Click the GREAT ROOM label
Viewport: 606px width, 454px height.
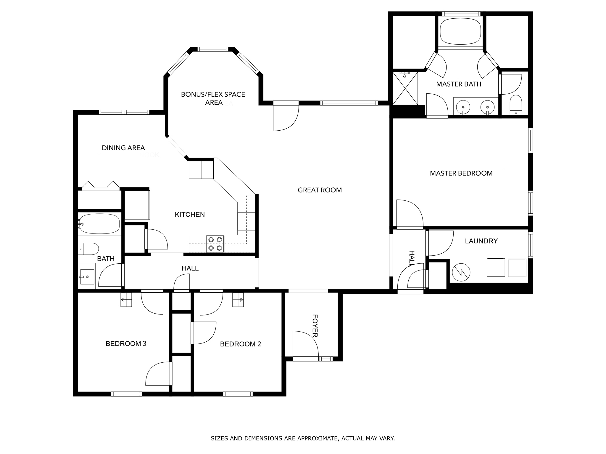click(x=320, y=190)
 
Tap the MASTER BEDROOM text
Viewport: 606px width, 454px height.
click(x=461, y=173)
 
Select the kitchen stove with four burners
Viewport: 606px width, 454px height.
click(x=215, y=244)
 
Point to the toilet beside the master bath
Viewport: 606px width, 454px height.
click(x=516, y=105)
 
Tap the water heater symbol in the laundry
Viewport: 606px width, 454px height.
click(x=461, y=272)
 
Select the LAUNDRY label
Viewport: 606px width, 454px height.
click(x=481, y=241)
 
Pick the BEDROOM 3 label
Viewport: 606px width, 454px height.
click(x=126, y=343)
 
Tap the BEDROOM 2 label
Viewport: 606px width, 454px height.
click(x=240, y=344)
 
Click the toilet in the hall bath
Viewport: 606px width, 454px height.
click(x=88, y=249)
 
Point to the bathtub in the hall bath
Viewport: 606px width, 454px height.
click(x=100, y=224)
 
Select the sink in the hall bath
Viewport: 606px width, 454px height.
click(x=87, y=277)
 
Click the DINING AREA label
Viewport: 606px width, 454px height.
click(x=123, y=148)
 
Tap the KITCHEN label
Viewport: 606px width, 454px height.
click(x=190, y=215)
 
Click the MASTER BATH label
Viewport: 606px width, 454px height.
click(x=459, y=84)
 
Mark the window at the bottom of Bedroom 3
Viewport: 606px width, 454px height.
click(x=127, y=394)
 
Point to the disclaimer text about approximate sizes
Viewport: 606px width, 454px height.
click(x=303, y=438)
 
